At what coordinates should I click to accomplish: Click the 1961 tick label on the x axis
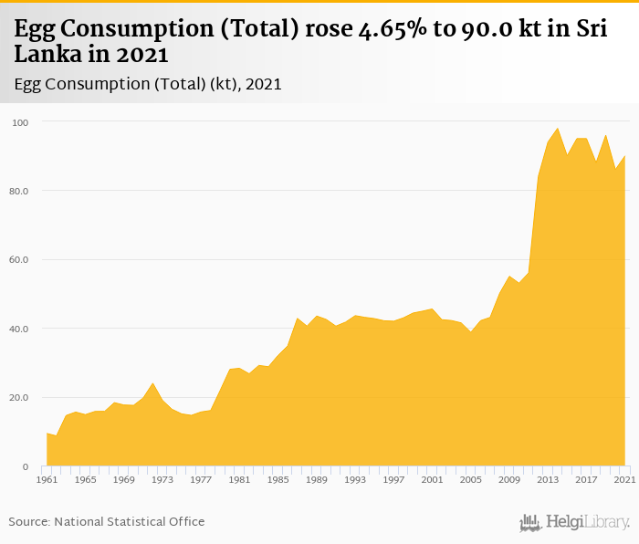[47, 479]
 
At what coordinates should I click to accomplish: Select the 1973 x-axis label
[162, 479]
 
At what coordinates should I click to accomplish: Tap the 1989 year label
[317, 479]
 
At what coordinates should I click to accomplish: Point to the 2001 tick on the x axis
[433, 479]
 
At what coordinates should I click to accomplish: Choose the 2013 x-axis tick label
[548, 479]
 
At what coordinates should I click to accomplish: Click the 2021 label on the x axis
[625, 479]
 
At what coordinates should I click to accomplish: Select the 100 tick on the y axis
[21, 122]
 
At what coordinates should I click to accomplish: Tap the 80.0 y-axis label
[21, 191]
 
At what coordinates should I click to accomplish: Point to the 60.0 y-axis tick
[21, 260]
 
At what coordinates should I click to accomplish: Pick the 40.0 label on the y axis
[21, 329]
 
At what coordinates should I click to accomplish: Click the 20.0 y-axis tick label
[21, 398]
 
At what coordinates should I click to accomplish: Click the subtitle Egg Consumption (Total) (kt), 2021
[148, 84]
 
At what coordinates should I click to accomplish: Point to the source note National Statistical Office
[129, 521]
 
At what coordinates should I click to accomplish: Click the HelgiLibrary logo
[575, 522]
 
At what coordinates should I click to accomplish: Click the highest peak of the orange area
[558, 129]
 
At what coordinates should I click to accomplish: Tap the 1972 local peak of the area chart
[152, 383]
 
